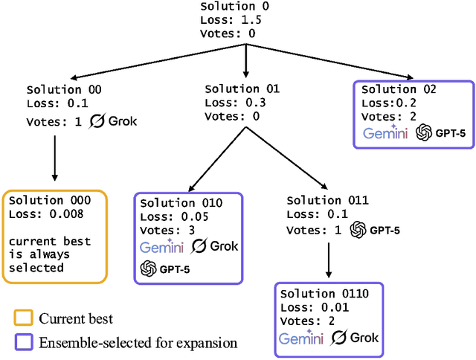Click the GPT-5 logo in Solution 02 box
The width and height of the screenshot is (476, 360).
pyautogui.click(x=436, y=132)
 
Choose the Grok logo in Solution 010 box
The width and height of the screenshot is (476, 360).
pyautogui.click(x=216, y=246)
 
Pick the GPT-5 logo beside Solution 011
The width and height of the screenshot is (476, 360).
pyautogui.click(x=375, y=230)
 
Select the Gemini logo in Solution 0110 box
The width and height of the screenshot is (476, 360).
pyautogui.click(x=302, y=338)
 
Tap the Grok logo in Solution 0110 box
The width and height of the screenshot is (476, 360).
pyautogui.click(x=355, y=338)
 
